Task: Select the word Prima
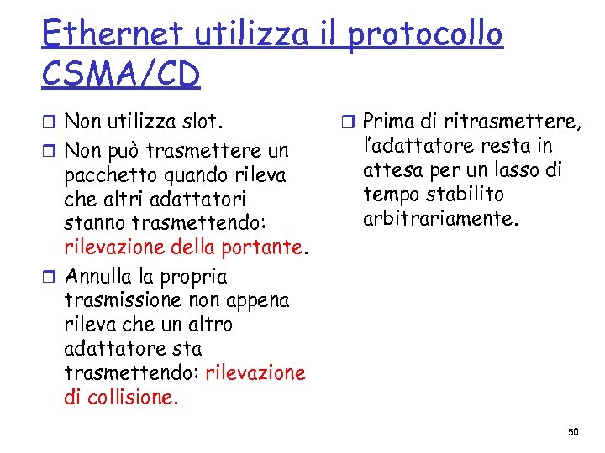tap(393, 122)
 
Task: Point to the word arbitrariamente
tap(442, 219)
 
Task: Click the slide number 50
tap(574, 431)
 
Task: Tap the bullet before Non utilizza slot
tap(51, 123)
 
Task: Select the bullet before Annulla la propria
tap(51, 278)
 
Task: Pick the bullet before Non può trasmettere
tap(51, 152)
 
